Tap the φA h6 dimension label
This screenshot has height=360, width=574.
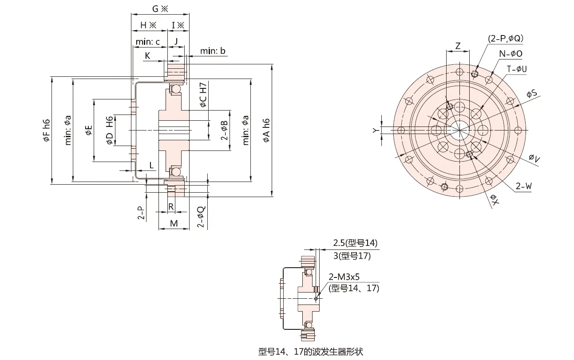(266, 131)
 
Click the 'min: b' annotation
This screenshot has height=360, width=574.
(213, 51)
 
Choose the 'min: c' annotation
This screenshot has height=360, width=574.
(148, 42)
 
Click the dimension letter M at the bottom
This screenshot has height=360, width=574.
(174, 223)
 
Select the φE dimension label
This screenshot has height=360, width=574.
(89, 130)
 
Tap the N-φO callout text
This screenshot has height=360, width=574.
(511, 54)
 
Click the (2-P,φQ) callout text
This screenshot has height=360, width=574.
(506, 39)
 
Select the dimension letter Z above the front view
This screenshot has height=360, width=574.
(458, 46)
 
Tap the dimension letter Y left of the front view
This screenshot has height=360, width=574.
(375, 130)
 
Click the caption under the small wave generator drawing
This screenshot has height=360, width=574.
(310, 352)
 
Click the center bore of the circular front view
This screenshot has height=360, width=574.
(459, 130)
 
